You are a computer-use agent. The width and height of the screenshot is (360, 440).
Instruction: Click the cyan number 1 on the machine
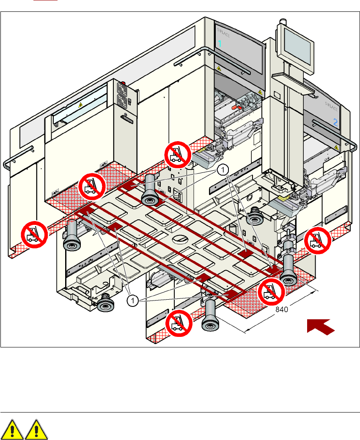tap(220, 44)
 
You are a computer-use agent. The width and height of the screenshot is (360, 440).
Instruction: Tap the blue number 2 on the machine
tap(335, 123)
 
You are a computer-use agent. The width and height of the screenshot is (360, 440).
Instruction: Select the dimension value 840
tap(282, 309)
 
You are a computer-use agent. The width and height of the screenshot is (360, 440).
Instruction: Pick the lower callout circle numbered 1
tap(133, 300)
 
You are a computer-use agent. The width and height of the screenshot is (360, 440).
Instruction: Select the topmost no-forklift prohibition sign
tap(177, 155)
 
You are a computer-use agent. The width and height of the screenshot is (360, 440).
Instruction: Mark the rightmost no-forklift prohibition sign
tap(318, 240)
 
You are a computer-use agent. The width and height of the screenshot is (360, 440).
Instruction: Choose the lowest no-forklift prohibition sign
tap(178, 324)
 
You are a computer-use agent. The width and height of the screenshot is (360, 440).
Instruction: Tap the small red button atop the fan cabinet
tap(124, 84)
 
